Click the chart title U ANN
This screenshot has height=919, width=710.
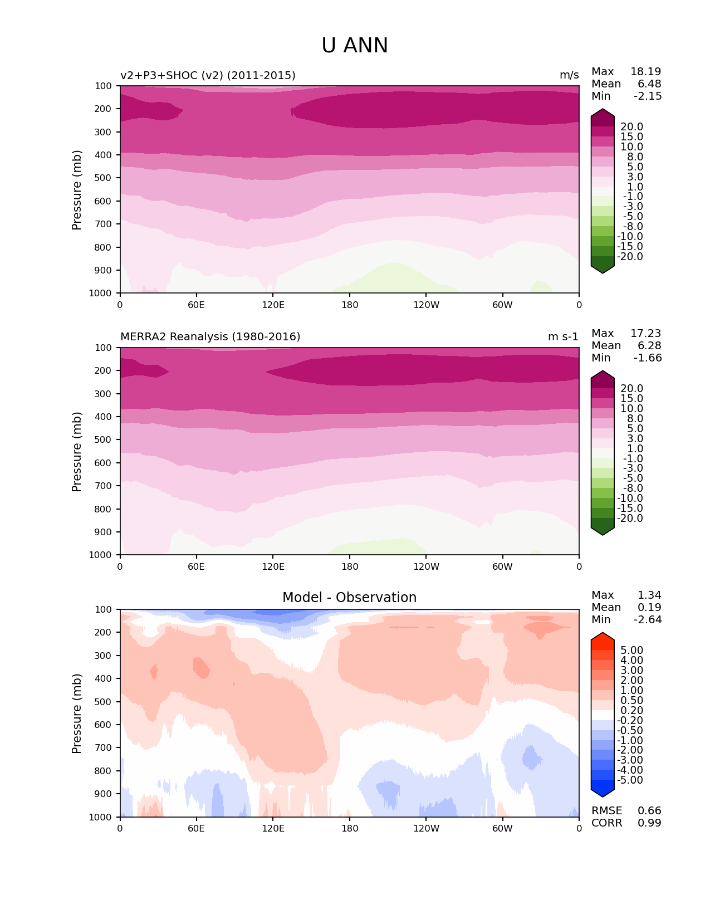355,46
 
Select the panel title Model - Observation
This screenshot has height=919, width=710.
349,598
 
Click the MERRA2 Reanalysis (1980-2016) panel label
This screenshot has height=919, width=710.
210,337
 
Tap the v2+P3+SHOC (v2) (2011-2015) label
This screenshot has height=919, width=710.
208,76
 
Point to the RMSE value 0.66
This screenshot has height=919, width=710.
649,811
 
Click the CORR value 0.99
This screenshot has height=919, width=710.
649,823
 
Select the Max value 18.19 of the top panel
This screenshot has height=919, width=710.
645,72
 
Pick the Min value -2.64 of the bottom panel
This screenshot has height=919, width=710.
648,620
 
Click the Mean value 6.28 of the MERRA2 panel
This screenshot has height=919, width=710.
649,346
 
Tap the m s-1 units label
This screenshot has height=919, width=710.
563,337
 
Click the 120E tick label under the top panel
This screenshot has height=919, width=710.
273,305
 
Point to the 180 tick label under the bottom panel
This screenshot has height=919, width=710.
350,829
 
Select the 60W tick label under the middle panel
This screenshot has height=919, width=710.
502,567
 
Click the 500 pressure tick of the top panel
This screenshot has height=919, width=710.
104,178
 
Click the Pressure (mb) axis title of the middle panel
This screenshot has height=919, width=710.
77,452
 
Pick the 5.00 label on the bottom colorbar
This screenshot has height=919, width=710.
631,651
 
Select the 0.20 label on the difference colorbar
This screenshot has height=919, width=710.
631,711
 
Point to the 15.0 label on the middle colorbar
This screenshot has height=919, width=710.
631,399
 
